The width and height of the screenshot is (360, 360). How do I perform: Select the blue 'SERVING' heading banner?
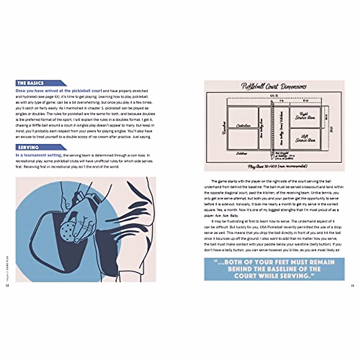[28, 148]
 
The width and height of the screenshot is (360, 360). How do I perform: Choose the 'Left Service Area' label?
[304, 138]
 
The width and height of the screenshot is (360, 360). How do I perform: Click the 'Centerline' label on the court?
[243, 126]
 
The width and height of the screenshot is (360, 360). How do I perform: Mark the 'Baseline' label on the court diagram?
[223, 128]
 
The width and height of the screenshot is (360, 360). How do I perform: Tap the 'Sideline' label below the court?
[241, 153]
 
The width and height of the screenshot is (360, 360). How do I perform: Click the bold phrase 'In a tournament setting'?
[38, 155]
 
